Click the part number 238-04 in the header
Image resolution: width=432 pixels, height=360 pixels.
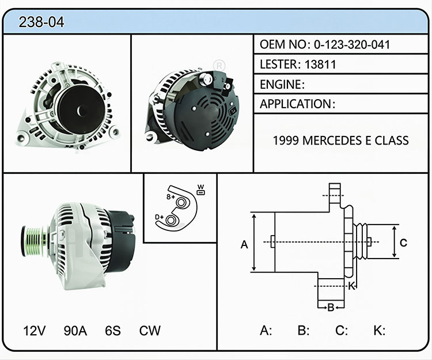tap(41, 22)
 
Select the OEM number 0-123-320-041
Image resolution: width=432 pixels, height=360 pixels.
tap(352, 44)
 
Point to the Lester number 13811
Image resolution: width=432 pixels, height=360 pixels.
tap(320, 65)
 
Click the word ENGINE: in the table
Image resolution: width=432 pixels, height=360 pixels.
tap(282, 84)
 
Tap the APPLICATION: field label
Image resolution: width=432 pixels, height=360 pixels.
tap(297, 104)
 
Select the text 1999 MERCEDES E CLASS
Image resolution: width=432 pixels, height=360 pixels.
tap(340, 141)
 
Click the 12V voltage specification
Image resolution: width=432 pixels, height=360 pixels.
tap(35, 331)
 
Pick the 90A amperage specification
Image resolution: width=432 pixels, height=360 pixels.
tap(75, 331)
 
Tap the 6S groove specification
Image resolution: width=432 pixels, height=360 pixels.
tap(113, 331)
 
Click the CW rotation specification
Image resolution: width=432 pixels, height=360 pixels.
tap(150, 331)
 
